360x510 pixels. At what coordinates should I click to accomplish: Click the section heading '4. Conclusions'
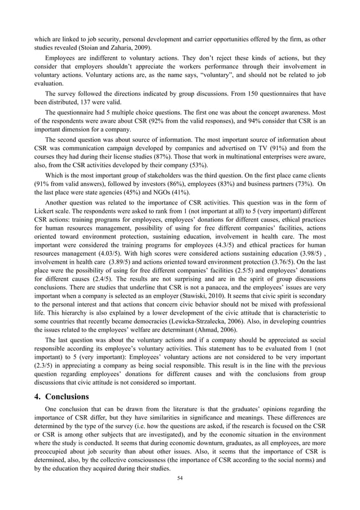(x=62, y=396)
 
